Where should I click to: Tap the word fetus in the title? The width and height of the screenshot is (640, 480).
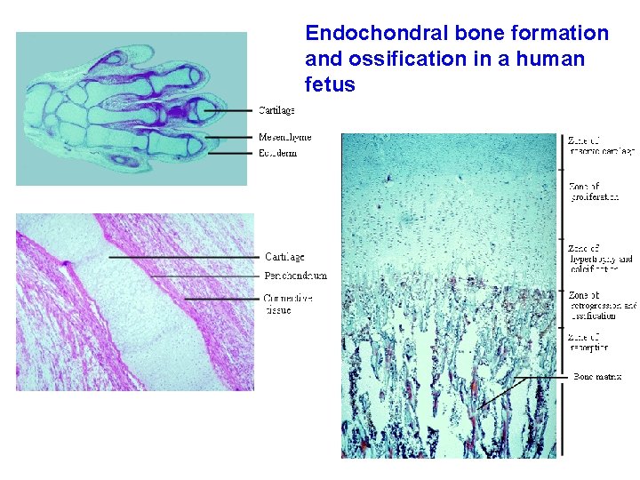[330, 85]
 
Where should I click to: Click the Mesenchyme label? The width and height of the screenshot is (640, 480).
[285, 137]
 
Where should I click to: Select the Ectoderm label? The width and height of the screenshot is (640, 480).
[277, 153]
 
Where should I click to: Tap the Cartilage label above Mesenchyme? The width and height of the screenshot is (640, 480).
[276, 111]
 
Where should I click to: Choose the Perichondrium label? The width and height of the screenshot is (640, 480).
[296, 276]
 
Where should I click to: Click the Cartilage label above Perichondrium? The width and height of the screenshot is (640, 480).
[284, 257]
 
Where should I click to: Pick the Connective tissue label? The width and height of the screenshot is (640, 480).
[288, 304]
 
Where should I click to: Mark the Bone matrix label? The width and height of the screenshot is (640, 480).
[596, 377]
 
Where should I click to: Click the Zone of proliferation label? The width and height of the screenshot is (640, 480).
[595, 192]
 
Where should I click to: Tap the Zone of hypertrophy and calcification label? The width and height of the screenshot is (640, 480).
[600, 259]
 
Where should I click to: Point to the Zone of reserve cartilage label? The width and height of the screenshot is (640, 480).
[600, 146]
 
